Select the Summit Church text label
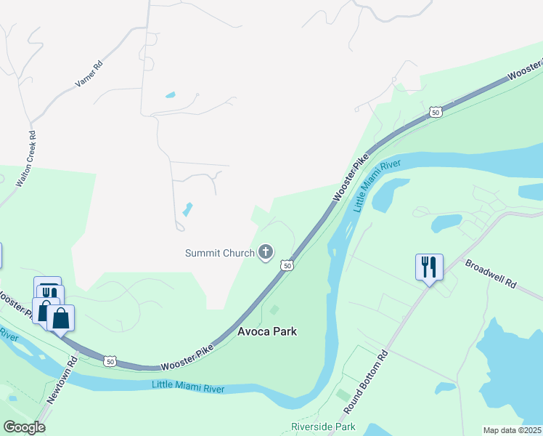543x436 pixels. [x=219, y=253]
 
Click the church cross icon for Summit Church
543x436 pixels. [x=266, y=253]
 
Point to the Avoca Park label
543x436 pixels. [x=267, y=331]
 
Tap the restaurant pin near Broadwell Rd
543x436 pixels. [x=429, y=267]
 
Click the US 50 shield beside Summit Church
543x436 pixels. [x=288, y=267]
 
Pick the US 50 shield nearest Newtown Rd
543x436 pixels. [x=109, y=360]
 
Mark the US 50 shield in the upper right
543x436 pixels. [x=435, y=112]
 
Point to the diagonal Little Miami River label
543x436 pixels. [x=377, y=186]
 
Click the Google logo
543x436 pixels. [x=24, y=427]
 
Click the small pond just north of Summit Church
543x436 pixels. [x=188, y=210]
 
